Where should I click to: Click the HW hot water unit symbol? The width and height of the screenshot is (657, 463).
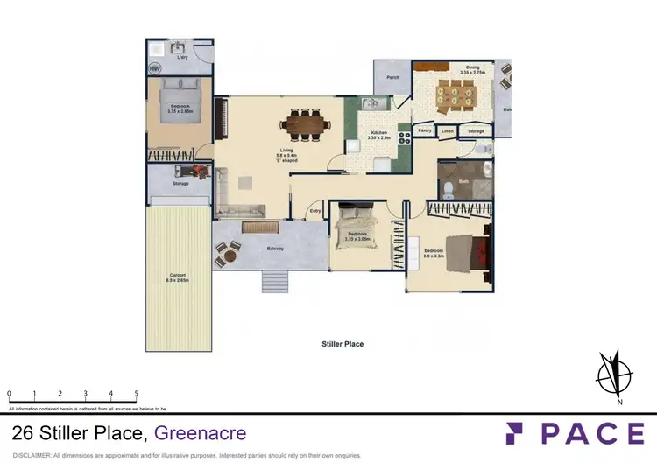[154, 67]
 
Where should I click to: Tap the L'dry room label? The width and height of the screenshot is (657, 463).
[183, 57]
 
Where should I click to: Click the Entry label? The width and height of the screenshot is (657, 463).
[314, 211]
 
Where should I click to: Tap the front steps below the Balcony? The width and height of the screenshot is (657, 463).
[274, 280]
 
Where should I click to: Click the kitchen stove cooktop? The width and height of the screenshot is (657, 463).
[405, 135]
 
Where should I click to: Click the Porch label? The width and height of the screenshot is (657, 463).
[393, 77]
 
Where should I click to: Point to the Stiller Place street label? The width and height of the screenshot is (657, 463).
[343, 344]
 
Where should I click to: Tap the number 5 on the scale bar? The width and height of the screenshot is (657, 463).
[136, 394]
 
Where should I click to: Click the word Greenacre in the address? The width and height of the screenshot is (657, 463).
[201, 432]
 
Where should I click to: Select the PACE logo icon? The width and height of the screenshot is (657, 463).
[515, 432]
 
